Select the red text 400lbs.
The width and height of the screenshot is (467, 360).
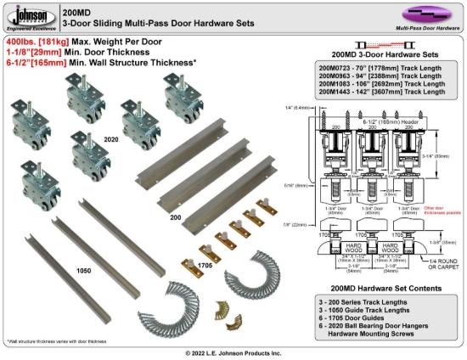point(22,41)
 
